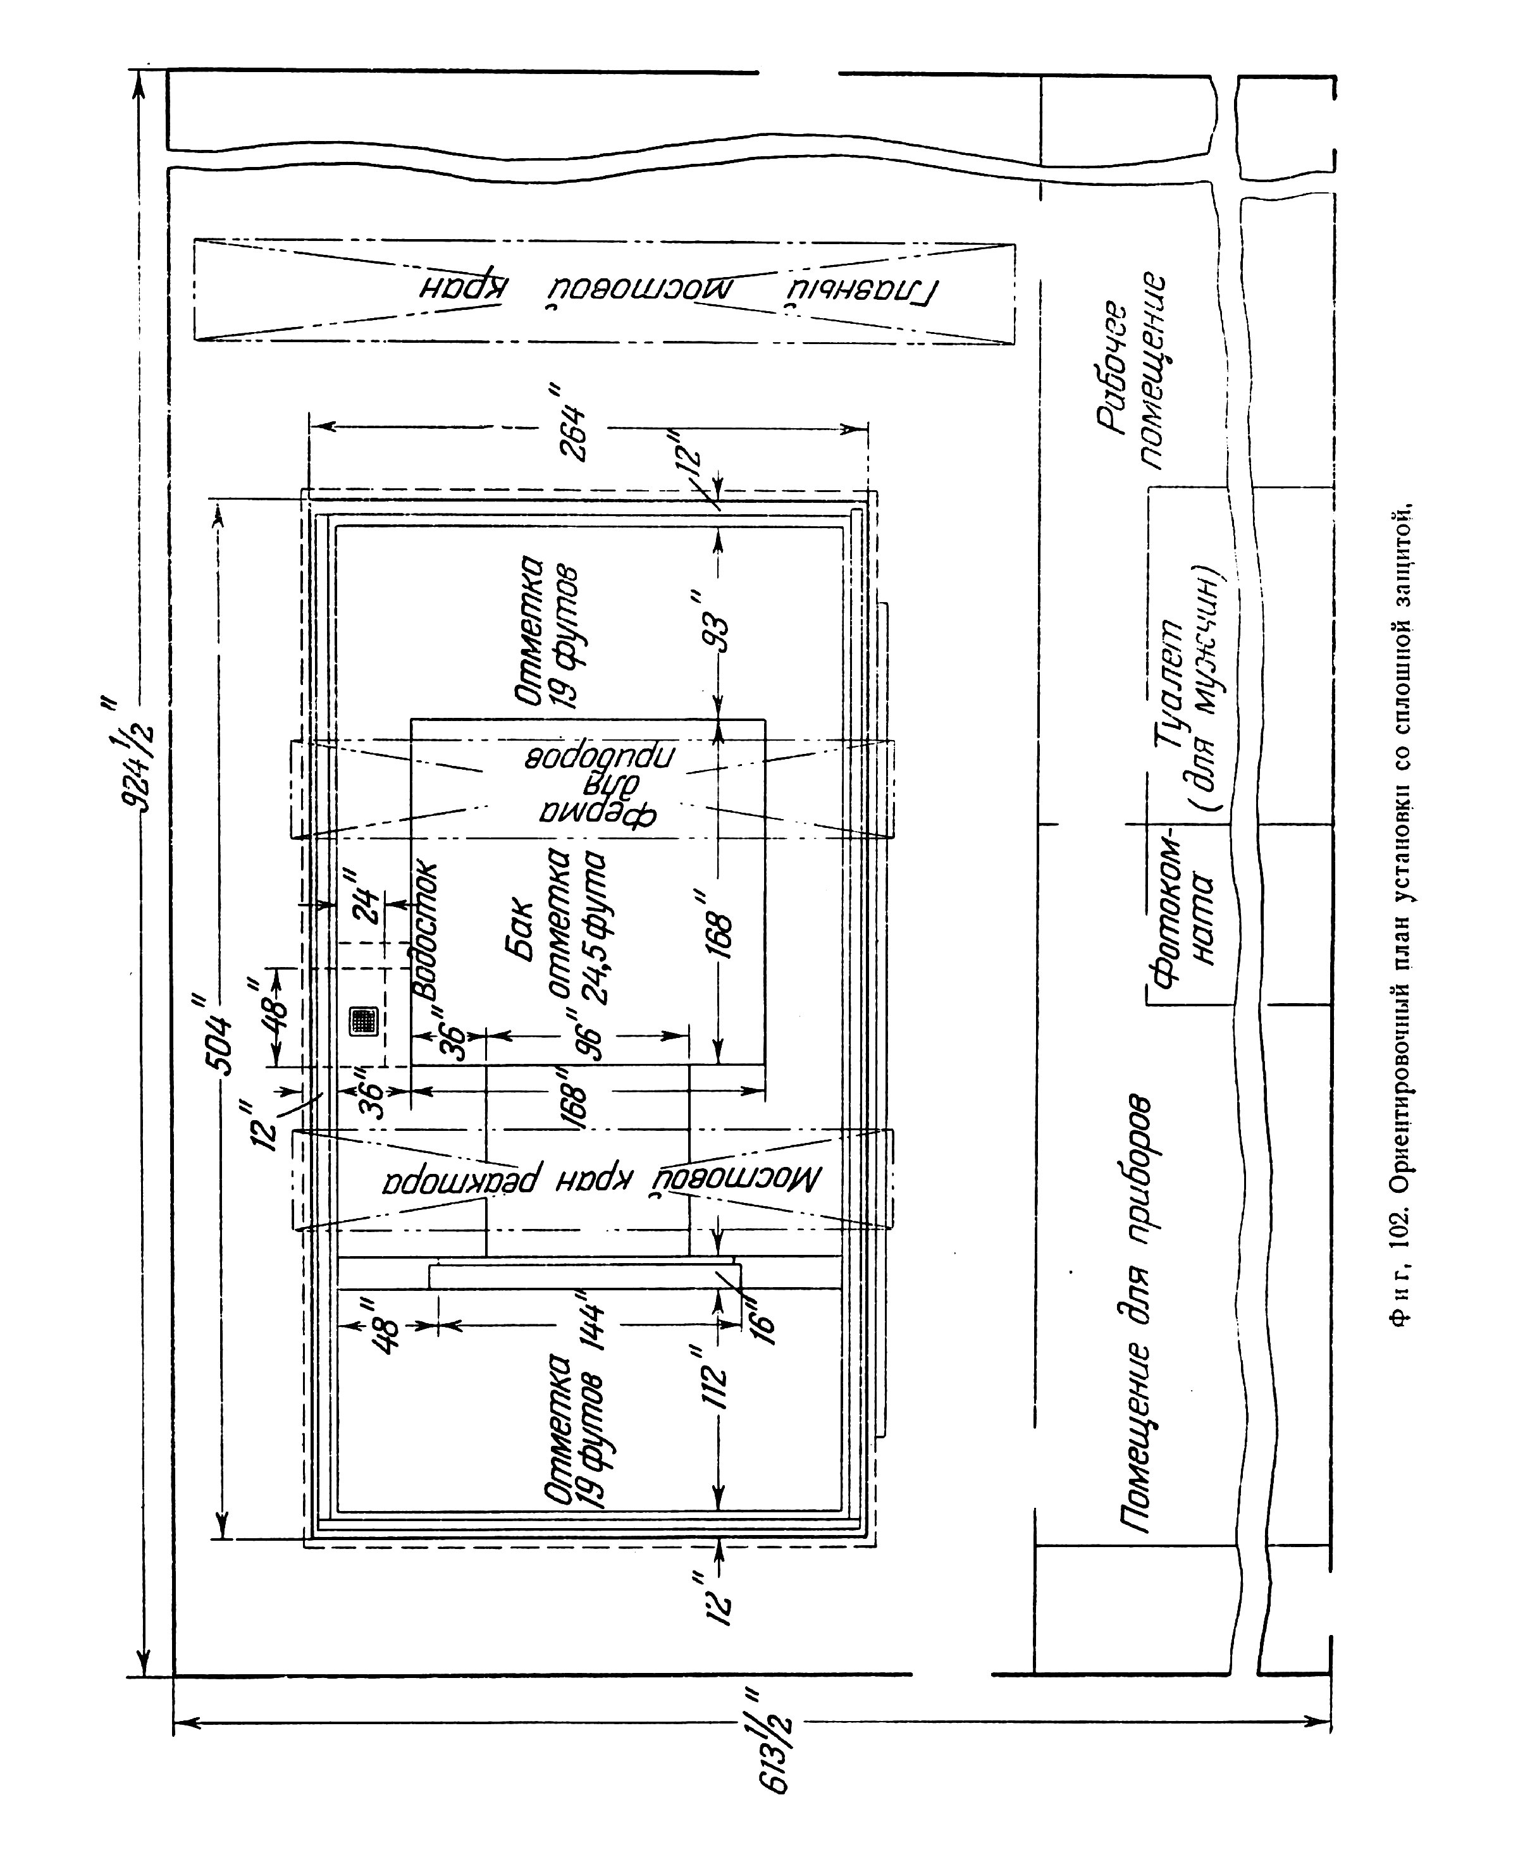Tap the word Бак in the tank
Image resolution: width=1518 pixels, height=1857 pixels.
coord(519,928)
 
